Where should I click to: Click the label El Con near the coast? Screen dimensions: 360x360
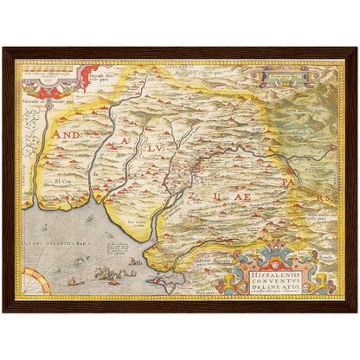[63, 181]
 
